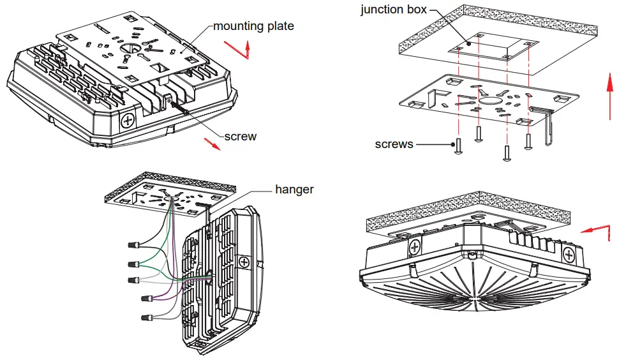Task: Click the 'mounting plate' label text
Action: pos(253,26)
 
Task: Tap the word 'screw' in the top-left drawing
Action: pos(241,136)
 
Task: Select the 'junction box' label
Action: pos(391,10)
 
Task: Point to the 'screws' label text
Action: pos(394,144)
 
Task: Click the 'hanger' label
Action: pos(294,190)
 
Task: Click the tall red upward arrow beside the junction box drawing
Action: pos(610,96)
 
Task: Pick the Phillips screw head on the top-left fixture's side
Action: pos(128,120)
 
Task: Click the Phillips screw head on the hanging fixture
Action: pos(243,262)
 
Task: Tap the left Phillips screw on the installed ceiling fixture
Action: pos(414,247)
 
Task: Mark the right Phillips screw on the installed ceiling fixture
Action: pos(570,254)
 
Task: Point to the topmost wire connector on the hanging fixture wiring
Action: pos(135,245)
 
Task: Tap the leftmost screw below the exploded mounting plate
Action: pos(458,146)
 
